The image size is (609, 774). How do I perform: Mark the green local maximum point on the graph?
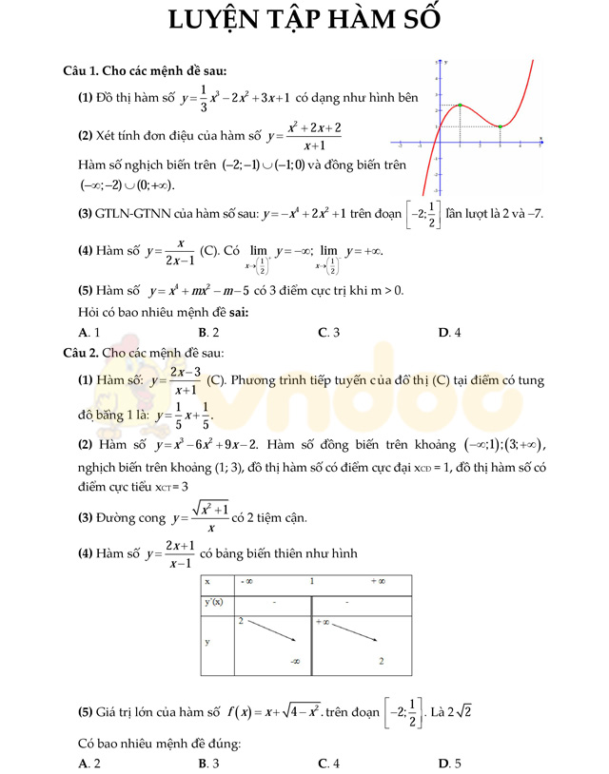(x=460, y=106)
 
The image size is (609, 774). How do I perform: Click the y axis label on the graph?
(x=445, y=63)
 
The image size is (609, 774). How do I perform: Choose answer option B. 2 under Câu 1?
(x=208, y=332)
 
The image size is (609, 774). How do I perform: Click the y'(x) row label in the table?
(x=216, y=602)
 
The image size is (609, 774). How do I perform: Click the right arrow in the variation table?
(x=349, y=638)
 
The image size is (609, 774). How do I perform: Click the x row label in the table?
(x=207, y=581)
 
